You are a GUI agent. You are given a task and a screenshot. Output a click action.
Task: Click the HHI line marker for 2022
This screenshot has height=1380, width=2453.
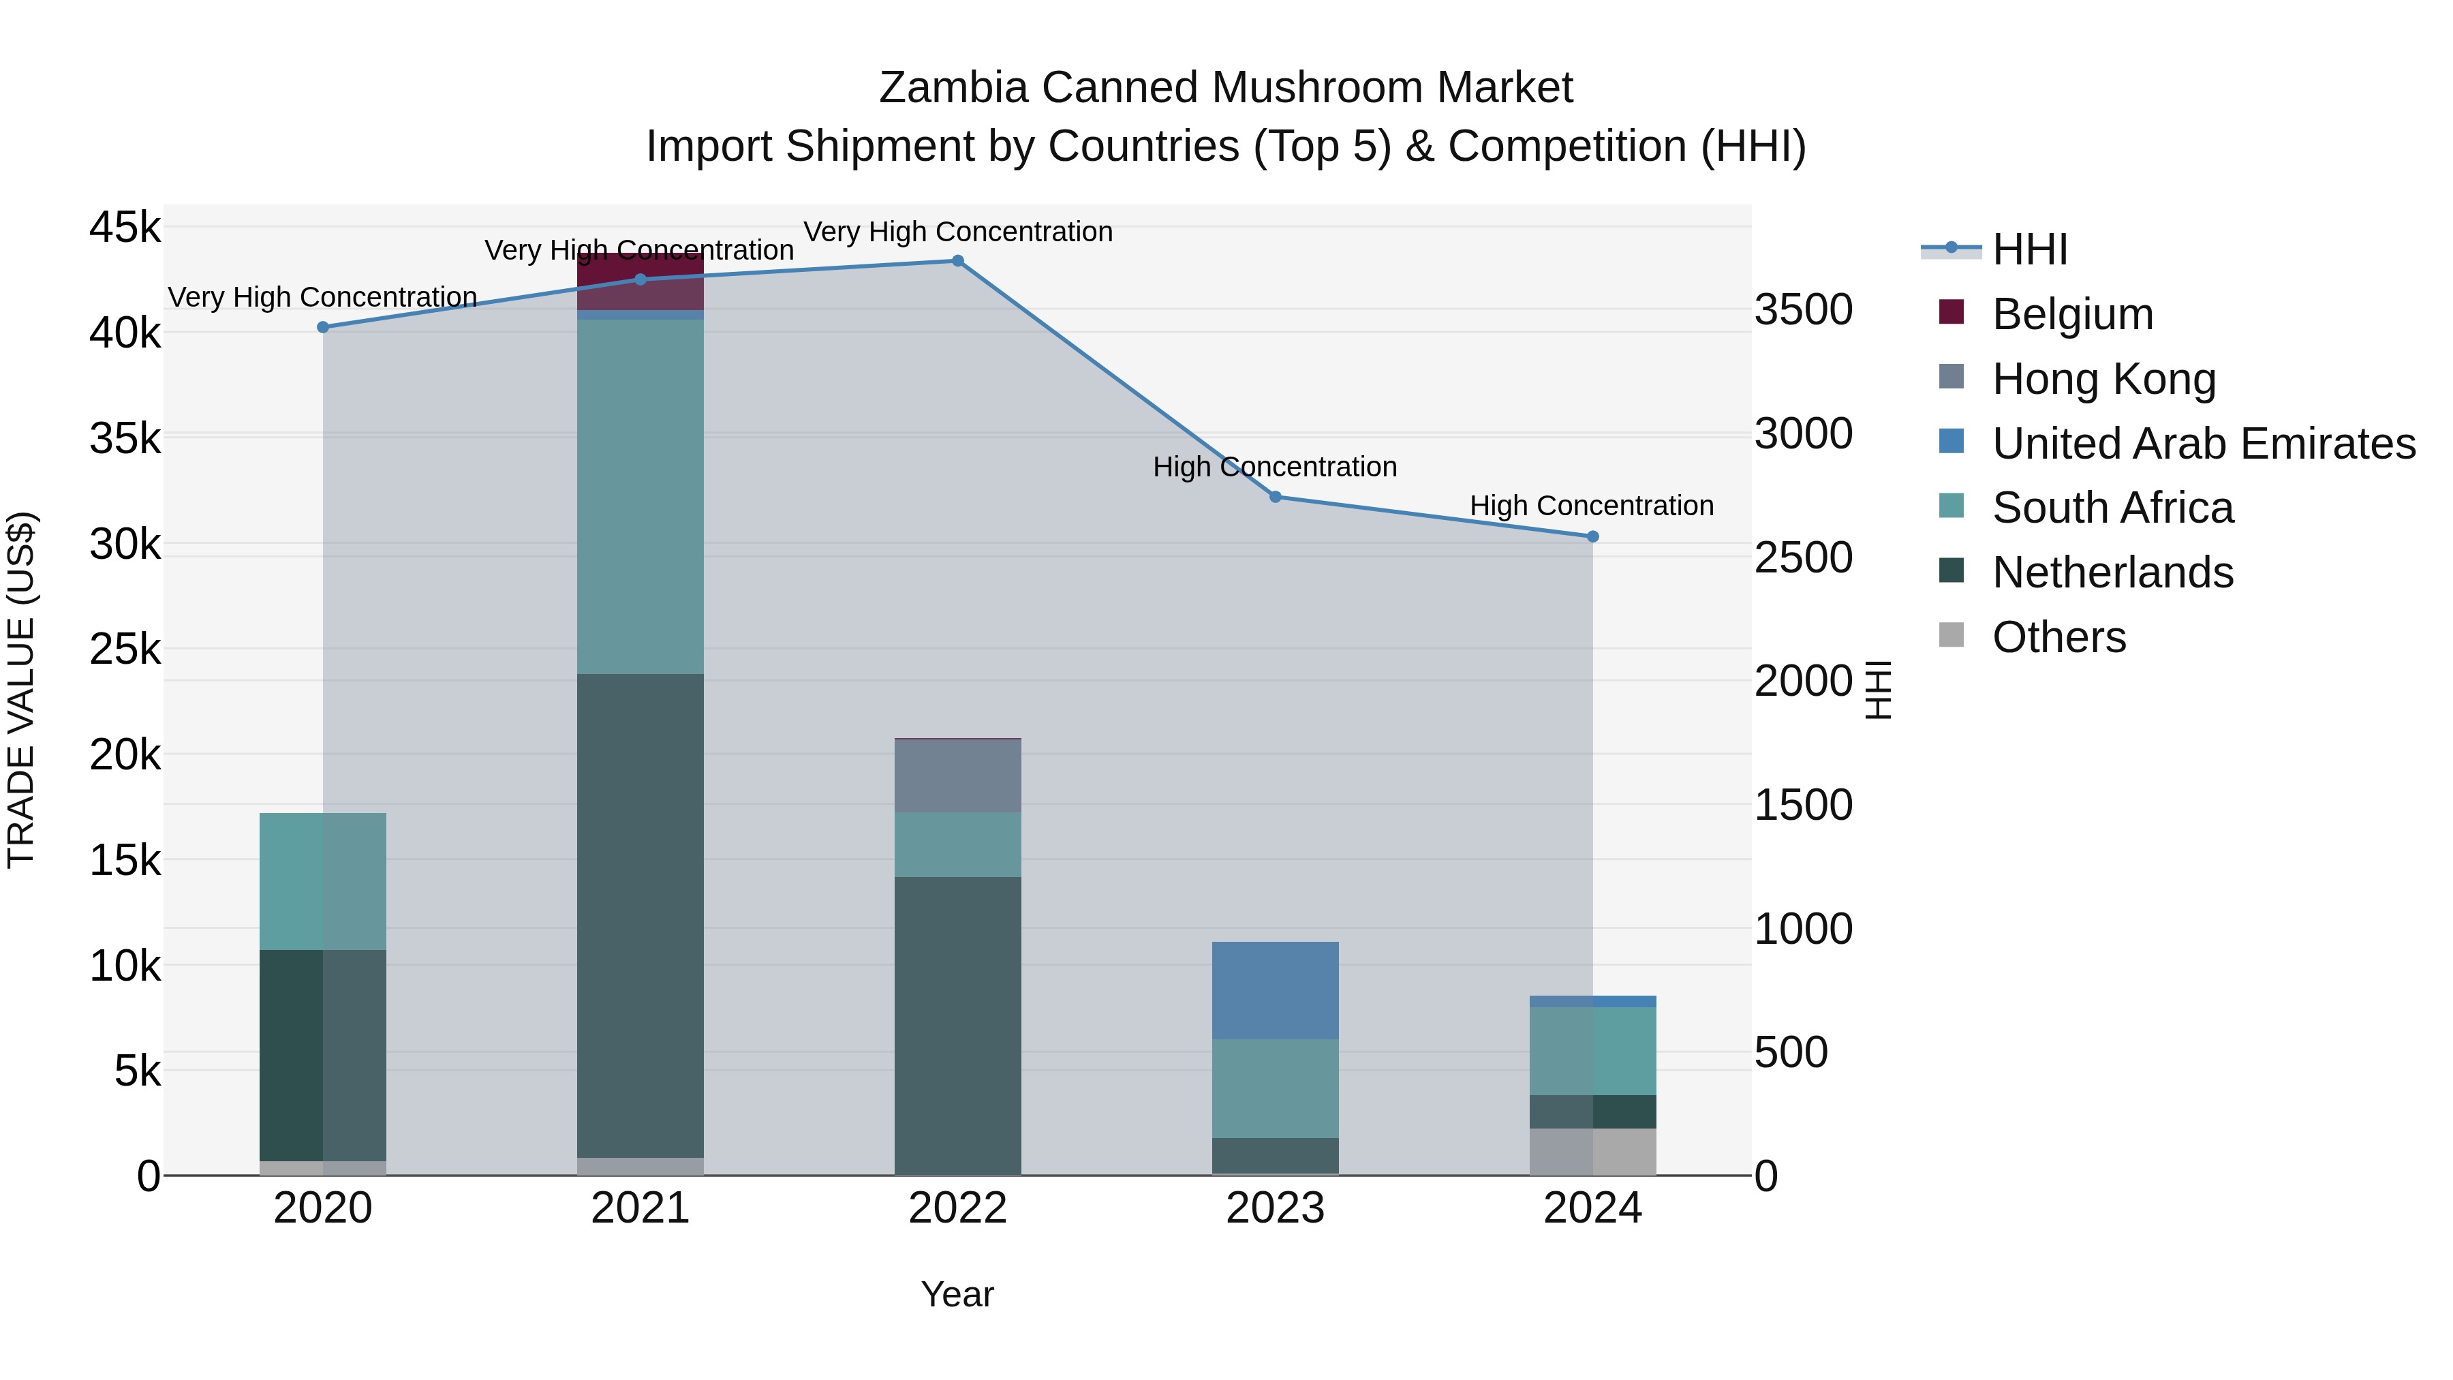pyautogui.click(x=958, y=261)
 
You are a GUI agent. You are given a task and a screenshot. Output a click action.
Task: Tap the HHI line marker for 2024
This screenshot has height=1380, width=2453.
pyautogui.click(x=1592, y=537)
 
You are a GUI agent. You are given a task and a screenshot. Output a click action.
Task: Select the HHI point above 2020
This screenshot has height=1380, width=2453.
pyautogui.click(x=323, y=328)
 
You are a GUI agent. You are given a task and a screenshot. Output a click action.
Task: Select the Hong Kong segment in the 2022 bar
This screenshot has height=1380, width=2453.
pyautogui.click(x=958, y=776)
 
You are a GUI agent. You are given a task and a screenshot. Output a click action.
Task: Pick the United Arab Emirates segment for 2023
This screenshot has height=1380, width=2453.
pyautogui.click(x=1275, y=990)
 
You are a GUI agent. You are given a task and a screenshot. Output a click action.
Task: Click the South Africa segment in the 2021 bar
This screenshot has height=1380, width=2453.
pyautogui.click(x=640, y=496)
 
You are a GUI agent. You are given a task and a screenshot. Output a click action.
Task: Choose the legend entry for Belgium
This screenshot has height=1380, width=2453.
pyautogui.click(x=2072, y=314)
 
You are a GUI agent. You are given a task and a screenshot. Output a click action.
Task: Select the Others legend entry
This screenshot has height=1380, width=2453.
pyautogui.click(x=2058, y=637)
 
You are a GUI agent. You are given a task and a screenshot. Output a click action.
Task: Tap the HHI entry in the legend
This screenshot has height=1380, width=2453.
pyautogui.click(x=2029, y=249)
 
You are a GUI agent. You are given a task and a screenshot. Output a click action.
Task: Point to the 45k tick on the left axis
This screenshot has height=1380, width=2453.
pyautogui.click(x=125, y=228)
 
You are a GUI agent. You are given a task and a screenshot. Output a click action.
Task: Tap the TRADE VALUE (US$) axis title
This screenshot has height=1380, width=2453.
pyautogui.click(x=22, y=690)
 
